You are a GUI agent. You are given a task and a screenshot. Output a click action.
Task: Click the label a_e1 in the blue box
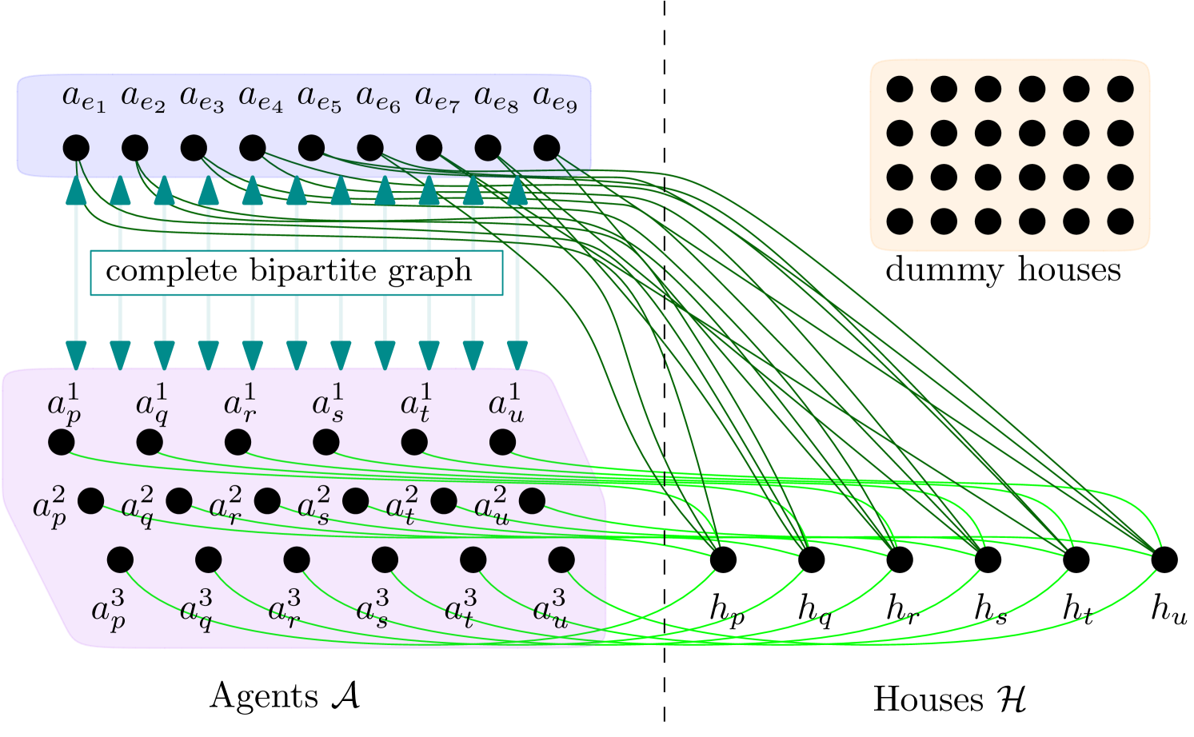coord(84,98)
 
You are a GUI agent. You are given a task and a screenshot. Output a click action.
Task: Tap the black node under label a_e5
coord(311,148)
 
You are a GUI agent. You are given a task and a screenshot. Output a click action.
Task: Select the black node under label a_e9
coord(547,148)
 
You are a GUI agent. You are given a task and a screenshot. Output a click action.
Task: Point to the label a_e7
coord(437,98)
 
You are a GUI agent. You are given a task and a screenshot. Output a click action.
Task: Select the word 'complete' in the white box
coord(172,271)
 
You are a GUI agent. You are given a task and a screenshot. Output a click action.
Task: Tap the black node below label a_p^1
coord(62,442)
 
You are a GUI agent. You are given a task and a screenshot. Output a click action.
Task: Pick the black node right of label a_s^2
coord(356,501)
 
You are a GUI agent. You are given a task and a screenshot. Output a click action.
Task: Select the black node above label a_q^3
coord(208,560)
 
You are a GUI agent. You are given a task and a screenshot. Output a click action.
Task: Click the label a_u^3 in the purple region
coord(550,609)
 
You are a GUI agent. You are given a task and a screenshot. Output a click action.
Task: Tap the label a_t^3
coord(461,609)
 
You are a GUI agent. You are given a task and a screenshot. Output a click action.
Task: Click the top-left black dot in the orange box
coord(900,89)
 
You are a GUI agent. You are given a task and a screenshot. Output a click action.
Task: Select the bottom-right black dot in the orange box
coord(1120,221)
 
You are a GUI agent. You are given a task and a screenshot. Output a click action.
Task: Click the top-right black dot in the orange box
coord(1120,89)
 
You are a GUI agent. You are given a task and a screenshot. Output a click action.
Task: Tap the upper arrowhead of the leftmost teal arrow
coord(76,189)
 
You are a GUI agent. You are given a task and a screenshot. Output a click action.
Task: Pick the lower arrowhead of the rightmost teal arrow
coord(517,354)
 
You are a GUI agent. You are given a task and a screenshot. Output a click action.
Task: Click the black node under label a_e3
coord(194,148)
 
